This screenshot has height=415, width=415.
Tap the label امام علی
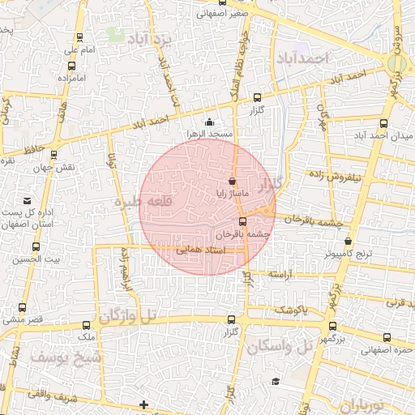(80, 50)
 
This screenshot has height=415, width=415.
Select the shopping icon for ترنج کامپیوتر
(349, 242)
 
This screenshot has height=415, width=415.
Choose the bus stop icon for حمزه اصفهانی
(387, 337)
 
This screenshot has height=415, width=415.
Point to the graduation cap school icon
(276, 381)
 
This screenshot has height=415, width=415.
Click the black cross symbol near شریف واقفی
(144, 404)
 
